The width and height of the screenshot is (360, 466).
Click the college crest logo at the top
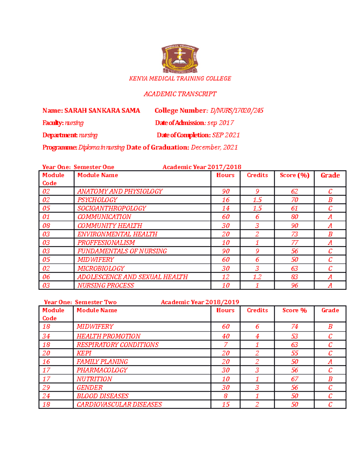tap(180, 59)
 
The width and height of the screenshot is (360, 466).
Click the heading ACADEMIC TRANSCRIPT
tap(180, 94)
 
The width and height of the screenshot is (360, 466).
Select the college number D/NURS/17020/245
tap(237, 110)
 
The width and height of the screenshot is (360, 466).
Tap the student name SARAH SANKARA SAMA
tap(102, 110)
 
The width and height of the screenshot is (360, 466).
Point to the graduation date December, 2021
tap(214, 147)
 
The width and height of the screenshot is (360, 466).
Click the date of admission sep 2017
tap(220, 123)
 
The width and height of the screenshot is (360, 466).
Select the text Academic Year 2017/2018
tap(202, 167)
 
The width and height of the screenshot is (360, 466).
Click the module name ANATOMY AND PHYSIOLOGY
tap(120, 191)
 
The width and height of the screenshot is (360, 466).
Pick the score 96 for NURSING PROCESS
tap(294, 285)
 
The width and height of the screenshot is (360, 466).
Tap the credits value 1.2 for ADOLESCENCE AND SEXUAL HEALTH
tap(257, 277)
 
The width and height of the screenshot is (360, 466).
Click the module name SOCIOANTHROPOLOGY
tap(112, 208)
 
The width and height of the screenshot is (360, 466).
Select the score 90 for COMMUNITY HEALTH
tap(294, 226)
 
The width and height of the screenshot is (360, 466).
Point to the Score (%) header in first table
tap(294, 175)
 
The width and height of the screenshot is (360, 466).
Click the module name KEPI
tap(84, 353)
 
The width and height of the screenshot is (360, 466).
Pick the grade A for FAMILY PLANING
tap(330, 362)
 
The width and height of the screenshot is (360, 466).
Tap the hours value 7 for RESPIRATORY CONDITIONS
tap(226, 345)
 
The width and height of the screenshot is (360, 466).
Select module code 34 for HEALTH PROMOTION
tap(46, 336)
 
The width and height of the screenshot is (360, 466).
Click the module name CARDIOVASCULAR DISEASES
tap(119, 404)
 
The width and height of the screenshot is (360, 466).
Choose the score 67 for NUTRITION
tap(294, 379)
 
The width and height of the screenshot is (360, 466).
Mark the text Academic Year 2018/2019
tap(200, 302)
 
